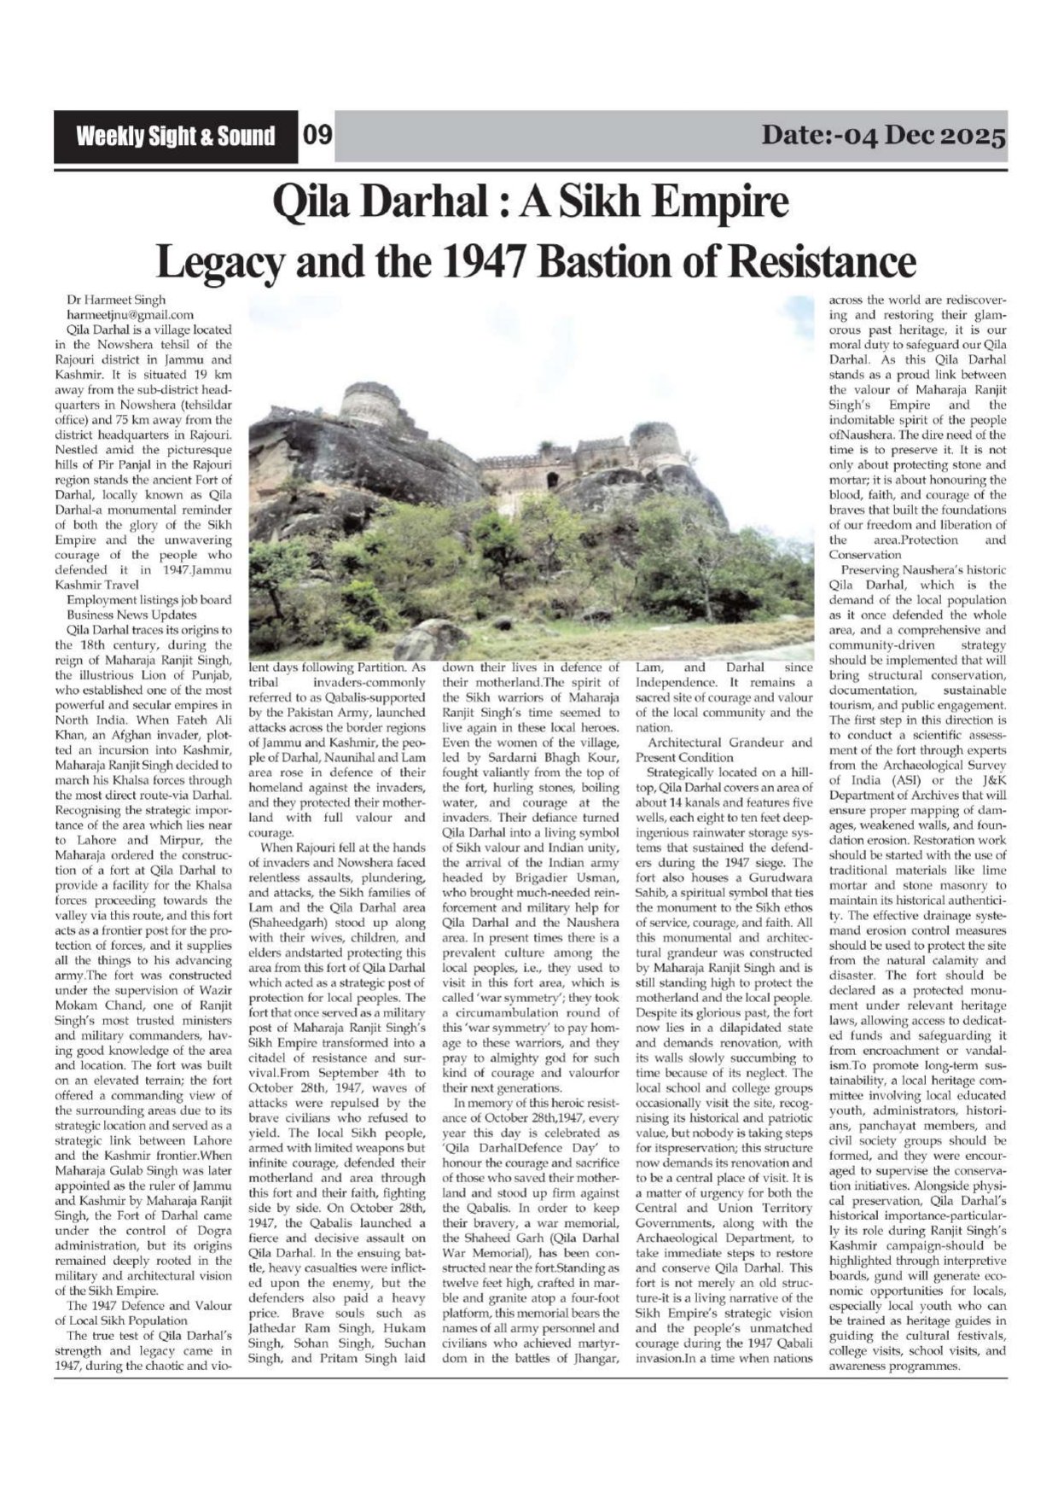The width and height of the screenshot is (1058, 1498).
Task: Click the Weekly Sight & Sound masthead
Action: tap(176, 137)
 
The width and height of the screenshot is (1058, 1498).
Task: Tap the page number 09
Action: tap(317, 137)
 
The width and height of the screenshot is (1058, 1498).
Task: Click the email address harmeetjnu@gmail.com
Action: tap(129, 315)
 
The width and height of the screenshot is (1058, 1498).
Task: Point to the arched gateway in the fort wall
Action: tap(552, 481)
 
